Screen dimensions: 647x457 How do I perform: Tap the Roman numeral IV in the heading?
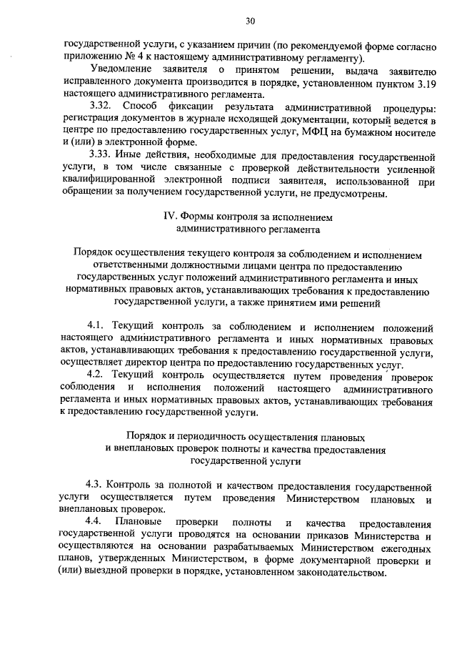170,217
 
